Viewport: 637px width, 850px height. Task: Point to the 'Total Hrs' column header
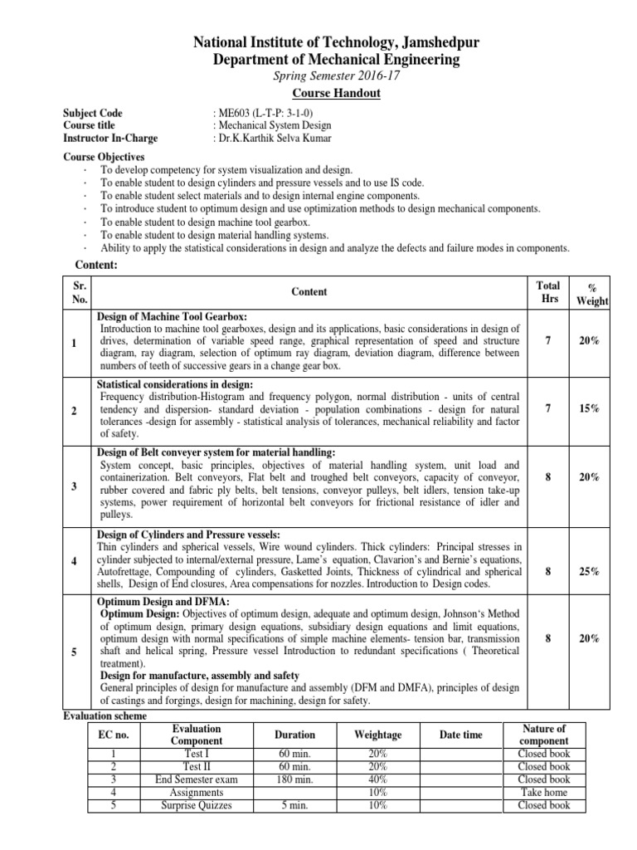click(549, 291)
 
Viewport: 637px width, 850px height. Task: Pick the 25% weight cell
click(590, 572)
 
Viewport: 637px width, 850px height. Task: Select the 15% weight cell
click(590, 409)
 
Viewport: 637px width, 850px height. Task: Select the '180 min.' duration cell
click(295, 779)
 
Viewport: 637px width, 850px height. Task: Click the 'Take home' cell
click(543, 792)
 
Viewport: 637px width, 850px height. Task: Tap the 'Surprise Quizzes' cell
click(197, 804)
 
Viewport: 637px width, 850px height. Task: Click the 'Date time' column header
click(461, 735)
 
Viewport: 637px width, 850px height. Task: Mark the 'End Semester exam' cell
click(197, 779)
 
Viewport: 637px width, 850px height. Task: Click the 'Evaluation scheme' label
click(105, 716)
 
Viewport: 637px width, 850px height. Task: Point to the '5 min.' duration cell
click(295, 804)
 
